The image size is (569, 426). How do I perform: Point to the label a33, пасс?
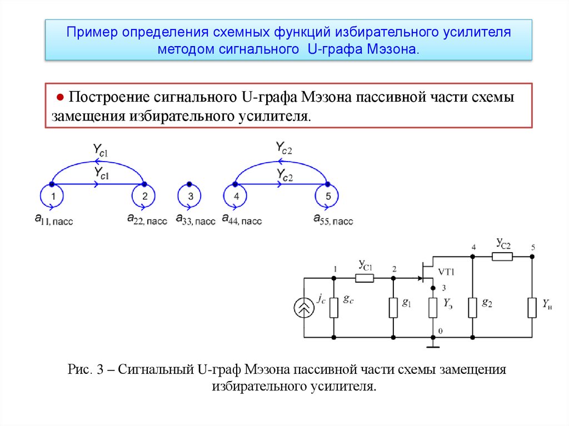coord(194,220)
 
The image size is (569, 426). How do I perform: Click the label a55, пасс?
coord(333,220)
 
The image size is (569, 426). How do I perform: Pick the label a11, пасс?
coord(53,220)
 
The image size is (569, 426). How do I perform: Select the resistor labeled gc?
coord(334,307)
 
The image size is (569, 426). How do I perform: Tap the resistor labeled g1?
coord(393,307)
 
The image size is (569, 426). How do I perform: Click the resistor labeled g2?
coord(472,307)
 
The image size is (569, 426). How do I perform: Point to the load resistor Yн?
coord(532,307)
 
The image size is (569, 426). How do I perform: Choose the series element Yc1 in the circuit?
coord(365,278)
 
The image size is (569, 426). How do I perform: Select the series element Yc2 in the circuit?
coord(503,256)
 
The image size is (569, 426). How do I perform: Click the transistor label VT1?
coord(447,272)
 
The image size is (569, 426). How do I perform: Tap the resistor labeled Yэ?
coord(433,307)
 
